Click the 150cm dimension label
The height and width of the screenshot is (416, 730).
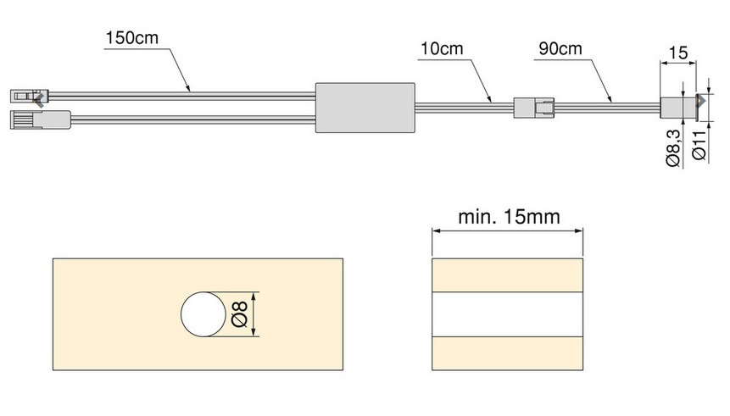click(x=133, y=38)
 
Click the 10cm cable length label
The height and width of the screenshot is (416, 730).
click(x=441, y=47)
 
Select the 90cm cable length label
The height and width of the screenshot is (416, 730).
click(x=560, y=47)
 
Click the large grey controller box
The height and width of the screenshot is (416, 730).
click(x=365, y=107)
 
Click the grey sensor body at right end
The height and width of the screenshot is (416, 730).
click(x=675, y=107)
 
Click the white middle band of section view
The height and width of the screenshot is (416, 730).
click(x=507, y=314)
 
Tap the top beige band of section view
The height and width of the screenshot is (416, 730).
click(x=507, y=275)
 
